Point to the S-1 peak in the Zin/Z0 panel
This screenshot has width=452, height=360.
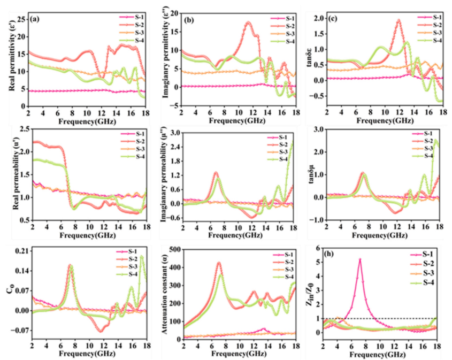pos(360,259)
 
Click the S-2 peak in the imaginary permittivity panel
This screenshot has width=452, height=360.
pos(248,22)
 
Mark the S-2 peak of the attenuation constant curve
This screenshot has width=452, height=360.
pos(219,263)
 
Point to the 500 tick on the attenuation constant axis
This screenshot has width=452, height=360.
pos(173,249)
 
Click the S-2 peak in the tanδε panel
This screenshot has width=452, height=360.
pos(399,20)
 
